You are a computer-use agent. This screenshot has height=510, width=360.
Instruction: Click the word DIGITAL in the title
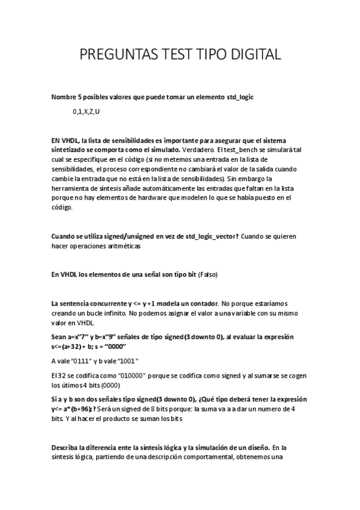tap(250, 55)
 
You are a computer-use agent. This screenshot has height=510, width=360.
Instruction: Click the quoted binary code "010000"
tap(136, 376)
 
